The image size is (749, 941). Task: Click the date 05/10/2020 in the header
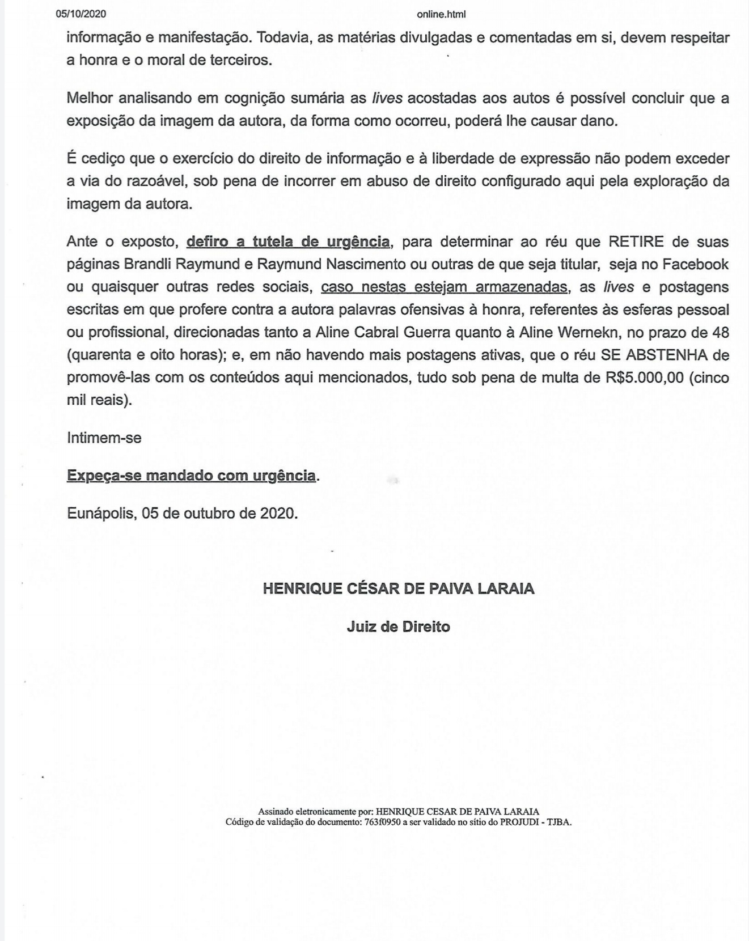(x=81, y=14)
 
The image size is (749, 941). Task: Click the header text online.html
(x=441, y=15)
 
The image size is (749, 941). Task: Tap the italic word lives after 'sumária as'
(x=387, y=98)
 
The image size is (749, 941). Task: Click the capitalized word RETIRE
(x=636, y=242)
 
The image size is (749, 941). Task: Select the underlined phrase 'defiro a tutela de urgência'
(x=288, y=242)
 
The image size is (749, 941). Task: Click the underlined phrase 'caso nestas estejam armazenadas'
(x=444, y=287)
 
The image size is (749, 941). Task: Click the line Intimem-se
(x=104, y=438)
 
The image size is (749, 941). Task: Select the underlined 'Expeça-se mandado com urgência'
(x=191, y=475)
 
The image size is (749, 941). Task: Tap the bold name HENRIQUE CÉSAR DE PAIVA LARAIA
(x=399, y=588)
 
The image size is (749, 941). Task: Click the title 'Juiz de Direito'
(x=399, y=626)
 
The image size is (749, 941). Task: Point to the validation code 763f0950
(x=382, y=822)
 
